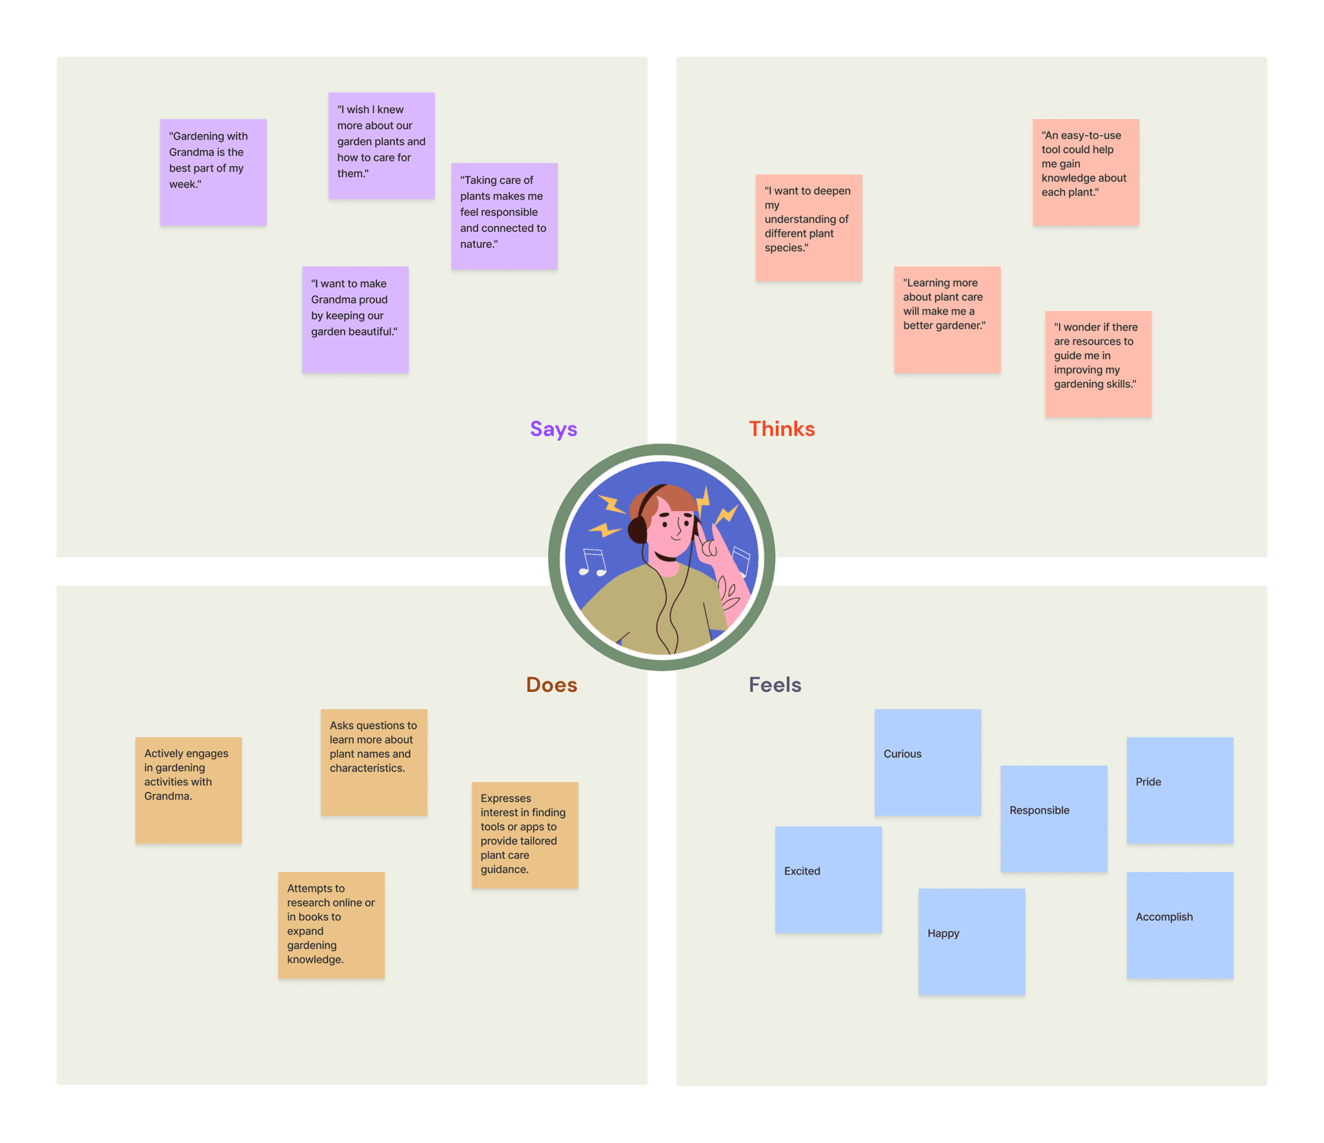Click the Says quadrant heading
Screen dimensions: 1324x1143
(x=553, y=429)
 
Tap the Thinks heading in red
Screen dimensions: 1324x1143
(x=781, y=429)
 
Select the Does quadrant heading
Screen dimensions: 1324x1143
(x=551, y=685)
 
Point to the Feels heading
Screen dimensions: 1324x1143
(x=774, y=685)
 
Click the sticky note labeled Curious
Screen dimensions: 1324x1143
(x=927, y=762)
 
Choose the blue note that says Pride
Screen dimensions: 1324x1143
(x=1179, y=791)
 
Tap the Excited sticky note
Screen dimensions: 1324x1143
(x=827, y=879)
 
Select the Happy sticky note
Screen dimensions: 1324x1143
(x=971, y=942)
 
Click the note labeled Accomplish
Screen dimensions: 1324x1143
(x=1179, y=925)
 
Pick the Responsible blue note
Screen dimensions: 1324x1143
(x=1053, y=819)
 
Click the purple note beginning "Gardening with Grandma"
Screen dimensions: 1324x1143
(x=213, y=172)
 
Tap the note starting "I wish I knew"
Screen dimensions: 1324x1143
(x=381, y=146)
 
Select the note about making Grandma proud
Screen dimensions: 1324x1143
(x=355, y=319)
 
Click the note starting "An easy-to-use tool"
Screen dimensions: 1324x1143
(x=1085, y=172)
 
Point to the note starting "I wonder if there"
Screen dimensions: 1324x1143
(x=1097, y=364)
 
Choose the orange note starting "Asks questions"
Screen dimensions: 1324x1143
(x=373, y=762)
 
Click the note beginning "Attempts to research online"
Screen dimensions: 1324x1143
(x=331, y=925)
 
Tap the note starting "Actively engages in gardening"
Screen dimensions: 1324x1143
(x=188, y=791)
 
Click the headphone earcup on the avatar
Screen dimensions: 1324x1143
(x=636, y=530)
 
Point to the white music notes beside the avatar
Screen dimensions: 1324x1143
(x=592, y=562)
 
